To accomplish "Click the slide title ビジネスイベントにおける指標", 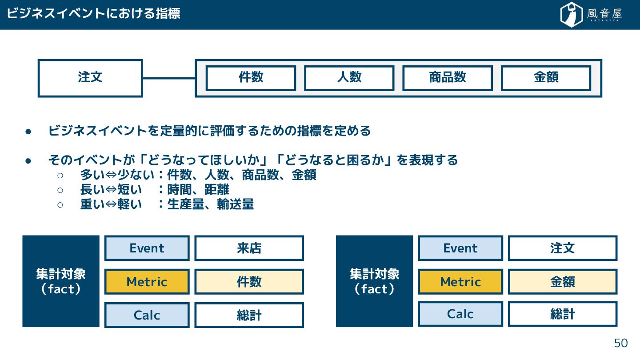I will coord(93,14).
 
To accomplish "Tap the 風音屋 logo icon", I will coord(572,15).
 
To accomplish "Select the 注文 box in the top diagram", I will coord(90,78).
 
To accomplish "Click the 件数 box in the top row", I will coord(251,78).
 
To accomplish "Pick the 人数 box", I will coord(349,78).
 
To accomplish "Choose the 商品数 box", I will coord(448,78).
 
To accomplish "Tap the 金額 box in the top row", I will coord(546,78).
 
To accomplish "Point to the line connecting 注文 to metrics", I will coord(169,78).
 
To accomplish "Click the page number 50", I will coord(620,343).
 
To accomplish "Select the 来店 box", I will coord(249,248).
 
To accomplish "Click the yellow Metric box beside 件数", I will coord(147,282).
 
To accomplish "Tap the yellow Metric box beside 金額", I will coord(460,282).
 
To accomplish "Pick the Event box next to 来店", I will coord(147,248).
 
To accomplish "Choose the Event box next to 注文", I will coord(460,248).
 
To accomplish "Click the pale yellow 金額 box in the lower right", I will coord(563,282).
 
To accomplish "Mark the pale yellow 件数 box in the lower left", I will coord(249,282).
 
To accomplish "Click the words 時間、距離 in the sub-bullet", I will coord(198,190).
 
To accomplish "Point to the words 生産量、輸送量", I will coord(211,204).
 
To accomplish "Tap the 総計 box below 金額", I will coord(563,314).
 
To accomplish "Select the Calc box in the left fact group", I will coord(147,315).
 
